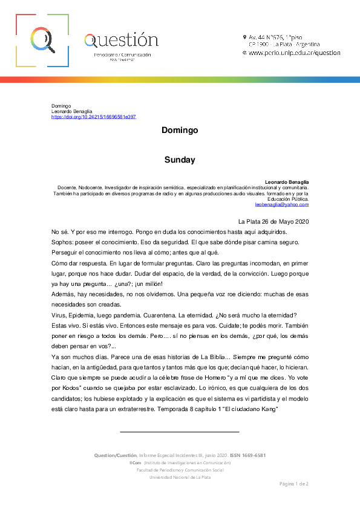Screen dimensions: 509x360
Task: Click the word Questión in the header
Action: coord(121,41)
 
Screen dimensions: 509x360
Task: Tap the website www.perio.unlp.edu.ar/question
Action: coord(294,53)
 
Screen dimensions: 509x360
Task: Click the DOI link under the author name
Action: coord(94,117)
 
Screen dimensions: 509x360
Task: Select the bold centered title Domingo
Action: coord(180,131)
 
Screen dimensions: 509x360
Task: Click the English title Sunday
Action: coord(180,160)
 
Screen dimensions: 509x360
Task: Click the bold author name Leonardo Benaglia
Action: coord(287,182)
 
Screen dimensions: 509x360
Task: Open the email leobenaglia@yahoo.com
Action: coord(286,204)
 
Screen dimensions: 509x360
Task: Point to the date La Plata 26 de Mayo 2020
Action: coord(273,221)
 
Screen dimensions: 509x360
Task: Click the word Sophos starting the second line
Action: coord(62,242)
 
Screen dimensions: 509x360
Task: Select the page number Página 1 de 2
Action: coord(293,484)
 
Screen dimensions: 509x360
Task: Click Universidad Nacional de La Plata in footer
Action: coord(180,478)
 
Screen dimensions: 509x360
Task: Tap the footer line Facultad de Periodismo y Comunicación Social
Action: coord(180,470)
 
